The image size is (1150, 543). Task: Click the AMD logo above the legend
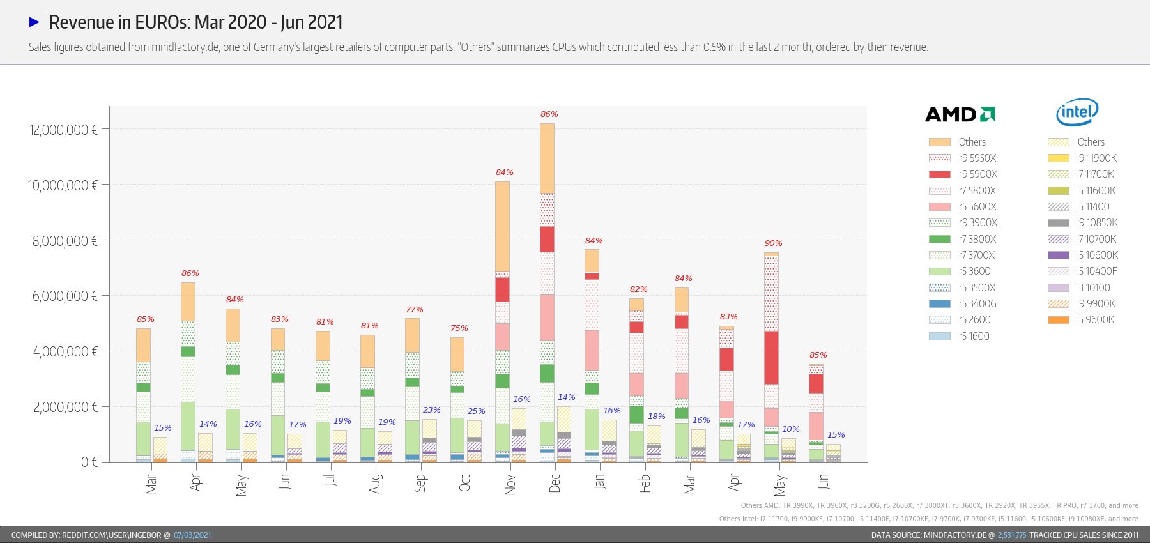click(960, 114)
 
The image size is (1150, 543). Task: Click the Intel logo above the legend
click(1077, 112)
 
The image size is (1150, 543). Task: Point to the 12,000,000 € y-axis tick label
click(63, 130)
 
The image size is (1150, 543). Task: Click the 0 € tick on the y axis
click(89, 462)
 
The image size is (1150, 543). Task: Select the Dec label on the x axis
click(555, 483)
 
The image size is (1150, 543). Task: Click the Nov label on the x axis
click(510, 484)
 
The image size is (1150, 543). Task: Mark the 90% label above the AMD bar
click(773, 243)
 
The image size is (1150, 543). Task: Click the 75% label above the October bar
click(459, 328)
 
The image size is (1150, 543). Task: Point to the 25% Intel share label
click(476, 411)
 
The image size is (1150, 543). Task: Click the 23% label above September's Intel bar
click(431, 410)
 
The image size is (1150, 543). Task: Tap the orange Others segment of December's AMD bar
click(547, 158)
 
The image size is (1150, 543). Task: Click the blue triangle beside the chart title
click(34, 22)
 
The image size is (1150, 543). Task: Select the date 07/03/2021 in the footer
click(192, 535)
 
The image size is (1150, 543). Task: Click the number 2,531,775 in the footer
click(1011, 535)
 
